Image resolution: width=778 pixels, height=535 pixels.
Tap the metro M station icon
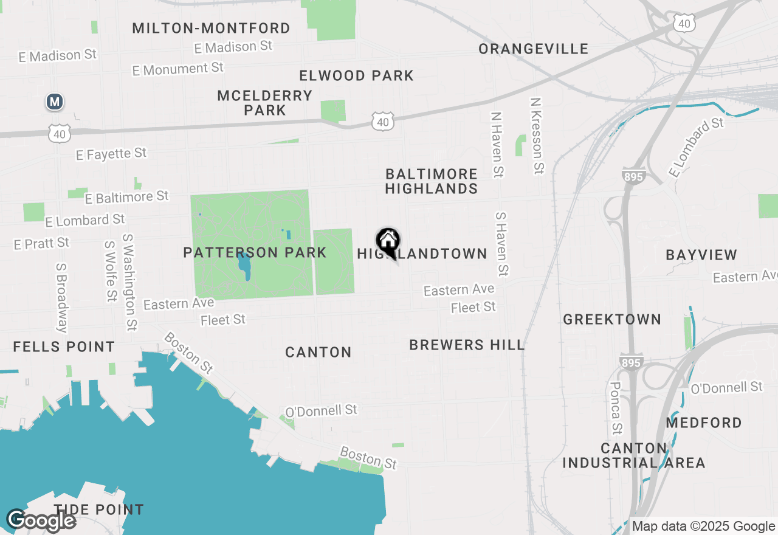point(55,102)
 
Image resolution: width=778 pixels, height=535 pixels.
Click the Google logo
point(41,520)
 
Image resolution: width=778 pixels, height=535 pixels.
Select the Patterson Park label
point(255,252)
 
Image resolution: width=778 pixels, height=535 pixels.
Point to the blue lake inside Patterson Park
point(244,266)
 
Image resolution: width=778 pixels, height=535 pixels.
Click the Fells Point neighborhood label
point(64,347)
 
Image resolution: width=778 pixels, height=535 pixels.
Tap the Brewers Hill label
point(466,345)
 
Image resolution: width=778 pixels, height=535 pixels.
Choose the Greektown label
point(611,319)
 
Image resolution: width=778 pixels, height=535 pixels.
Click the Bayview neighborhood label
point(701,255)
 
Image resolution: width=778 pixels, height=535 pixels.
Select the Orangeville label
point(533,49)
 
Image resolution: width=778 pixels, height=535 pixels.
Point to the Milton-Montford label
point(211,28)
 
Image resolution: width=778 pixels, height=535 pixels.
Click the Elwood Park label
point(356,76)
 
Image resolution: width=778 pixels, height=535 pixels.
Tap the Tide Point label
point(98,509)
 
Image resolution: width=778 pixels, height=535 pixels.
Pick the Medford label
point(704,423)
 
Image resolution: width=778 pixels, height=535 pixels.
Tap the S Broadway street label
point(61,297)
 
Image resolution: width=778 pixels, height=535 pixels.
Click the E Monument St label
point(177,69)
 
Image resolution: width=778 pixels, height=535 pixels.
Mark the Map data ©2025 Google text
point(703,526)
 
